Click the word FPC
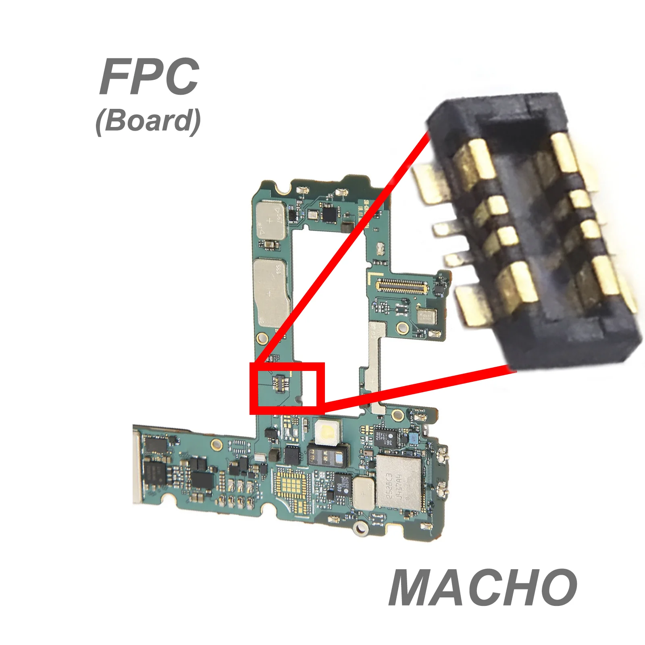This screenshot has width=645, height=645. (x=149, y=77)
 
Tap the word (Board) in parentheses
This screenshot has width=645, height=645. (x=148, y=121)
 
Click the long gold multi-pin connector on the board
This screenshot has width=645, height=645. (x=402, y=286)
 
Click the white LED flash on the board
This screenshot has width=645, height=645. (x=328, y=432)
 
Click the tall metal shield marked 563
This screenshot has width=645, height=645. (x=270, y=292)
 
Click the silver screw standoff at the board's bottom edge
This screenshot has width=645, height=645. (x=360, y=528)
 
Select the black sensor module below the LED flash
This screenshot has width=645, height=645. (x=327, y=455)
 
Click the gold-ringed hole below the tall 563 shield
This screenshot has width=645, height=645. (x=262, y=337)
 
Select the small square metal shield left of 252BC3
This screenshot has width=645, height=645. (x=363, y=493)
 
